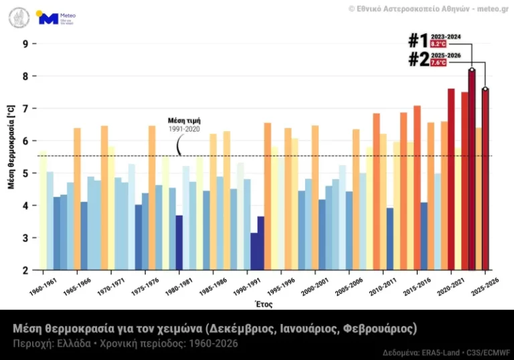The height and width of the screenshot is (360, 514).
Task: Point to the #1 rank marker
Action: click(x=418, y=40)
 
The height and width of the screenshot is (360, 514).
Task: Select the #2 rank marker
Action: click(x=418, y=59)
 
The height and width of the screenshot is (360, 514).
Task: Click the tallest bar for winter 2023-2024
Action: click(x=472, y=171)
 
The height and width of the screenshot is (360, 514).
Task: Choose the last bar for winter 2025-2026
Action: click(x=485, y=179)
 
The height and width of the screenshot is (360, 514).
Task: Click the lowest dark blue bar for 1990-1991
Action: click(x=254, y=252)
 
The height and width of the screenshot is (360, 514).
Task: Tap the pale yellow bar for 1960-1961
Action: click(x=43, y=211)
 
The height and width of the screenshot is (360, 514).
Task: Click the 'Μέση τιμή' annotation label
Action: click(x=184, y=120)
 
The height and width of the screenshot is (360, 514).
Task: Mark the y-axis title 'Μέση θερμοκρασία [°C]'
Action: click(x=11, y=146)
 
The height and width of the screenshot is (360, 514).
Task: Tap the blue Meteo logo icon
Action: click(x=48, y=18)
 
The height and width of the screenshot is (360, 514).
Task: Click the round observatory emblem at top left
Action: click(x=19, y=17)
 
